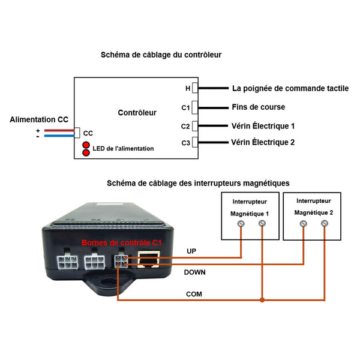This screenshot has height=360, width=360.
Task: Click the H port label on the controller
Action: [x=188, y=88]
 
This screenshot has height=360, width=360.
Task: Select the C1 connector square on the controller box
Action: [x=195, y=107]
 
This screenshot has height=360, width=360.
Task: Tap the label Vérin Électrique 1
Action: [x=263, y=126]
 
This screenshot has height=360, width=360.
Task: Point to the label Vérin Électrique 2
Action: [x=263, y=142]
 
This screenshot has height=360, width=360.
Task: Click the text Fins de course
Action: [x=259, y=107]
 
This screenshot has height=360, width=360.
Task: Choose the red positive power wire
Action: [x=59, y=130]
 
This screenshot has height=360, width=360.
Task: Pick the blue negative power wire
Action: [x=59, y=136]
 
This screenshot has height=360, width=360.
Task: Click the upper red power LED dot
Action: [x=86, y=145]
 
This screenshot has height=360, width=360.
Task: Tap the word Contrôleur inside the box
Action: [x=137, y=113]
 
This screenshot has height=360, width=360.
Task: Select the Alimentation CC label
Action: [x=39, y=119]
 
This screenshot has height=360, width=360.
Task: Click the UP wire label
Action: [x=191, y=251]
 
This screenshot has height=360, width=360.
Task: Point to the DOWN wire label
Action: [x=194, y=272]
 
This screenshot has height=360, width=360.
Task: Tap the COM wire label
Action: [x=194, y=294]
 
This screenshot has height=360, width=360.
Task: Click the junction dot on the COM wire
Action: [x=262, y=300]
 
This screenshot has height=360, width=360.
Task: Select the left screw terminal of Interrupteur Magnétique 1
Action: [x=241, y=224]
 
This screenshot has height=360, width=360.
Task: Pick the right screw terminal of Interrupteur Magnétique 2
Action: [x=325, y=223]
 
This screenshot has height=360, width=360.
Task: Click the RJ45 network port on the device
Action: [x=148, y=259]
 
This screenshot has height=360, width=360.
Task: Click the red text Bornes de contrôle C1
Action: [x=121, y=242]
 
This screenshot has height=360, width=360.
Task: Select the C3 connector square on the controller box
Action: [x=195, y=142]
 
